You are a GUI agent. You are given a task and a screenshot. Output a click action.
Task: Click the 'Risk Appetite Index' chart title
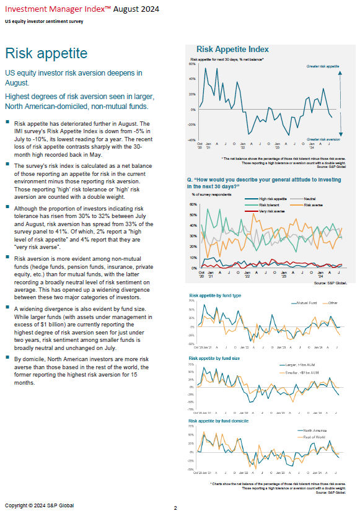(232, 49)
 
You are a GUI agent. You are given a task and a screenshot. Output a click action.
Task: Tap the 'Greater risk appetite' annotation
(322, 65)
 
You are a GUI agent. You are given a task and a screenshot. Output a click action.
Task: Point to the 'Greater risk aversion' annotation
(322, 139)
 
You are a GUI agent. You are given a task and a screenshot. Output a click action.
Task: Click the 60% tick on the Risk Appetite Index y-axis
(191, 64)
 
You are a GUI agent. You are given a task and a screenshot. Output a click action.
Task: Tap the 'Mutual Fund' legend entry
(307, 302)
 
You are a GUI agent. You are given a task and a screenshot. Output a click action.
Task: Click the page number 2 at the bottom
(175, 508)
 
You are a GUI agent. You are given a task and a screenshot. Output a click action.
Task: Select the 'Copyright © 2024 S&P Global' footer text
(39, 505)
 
